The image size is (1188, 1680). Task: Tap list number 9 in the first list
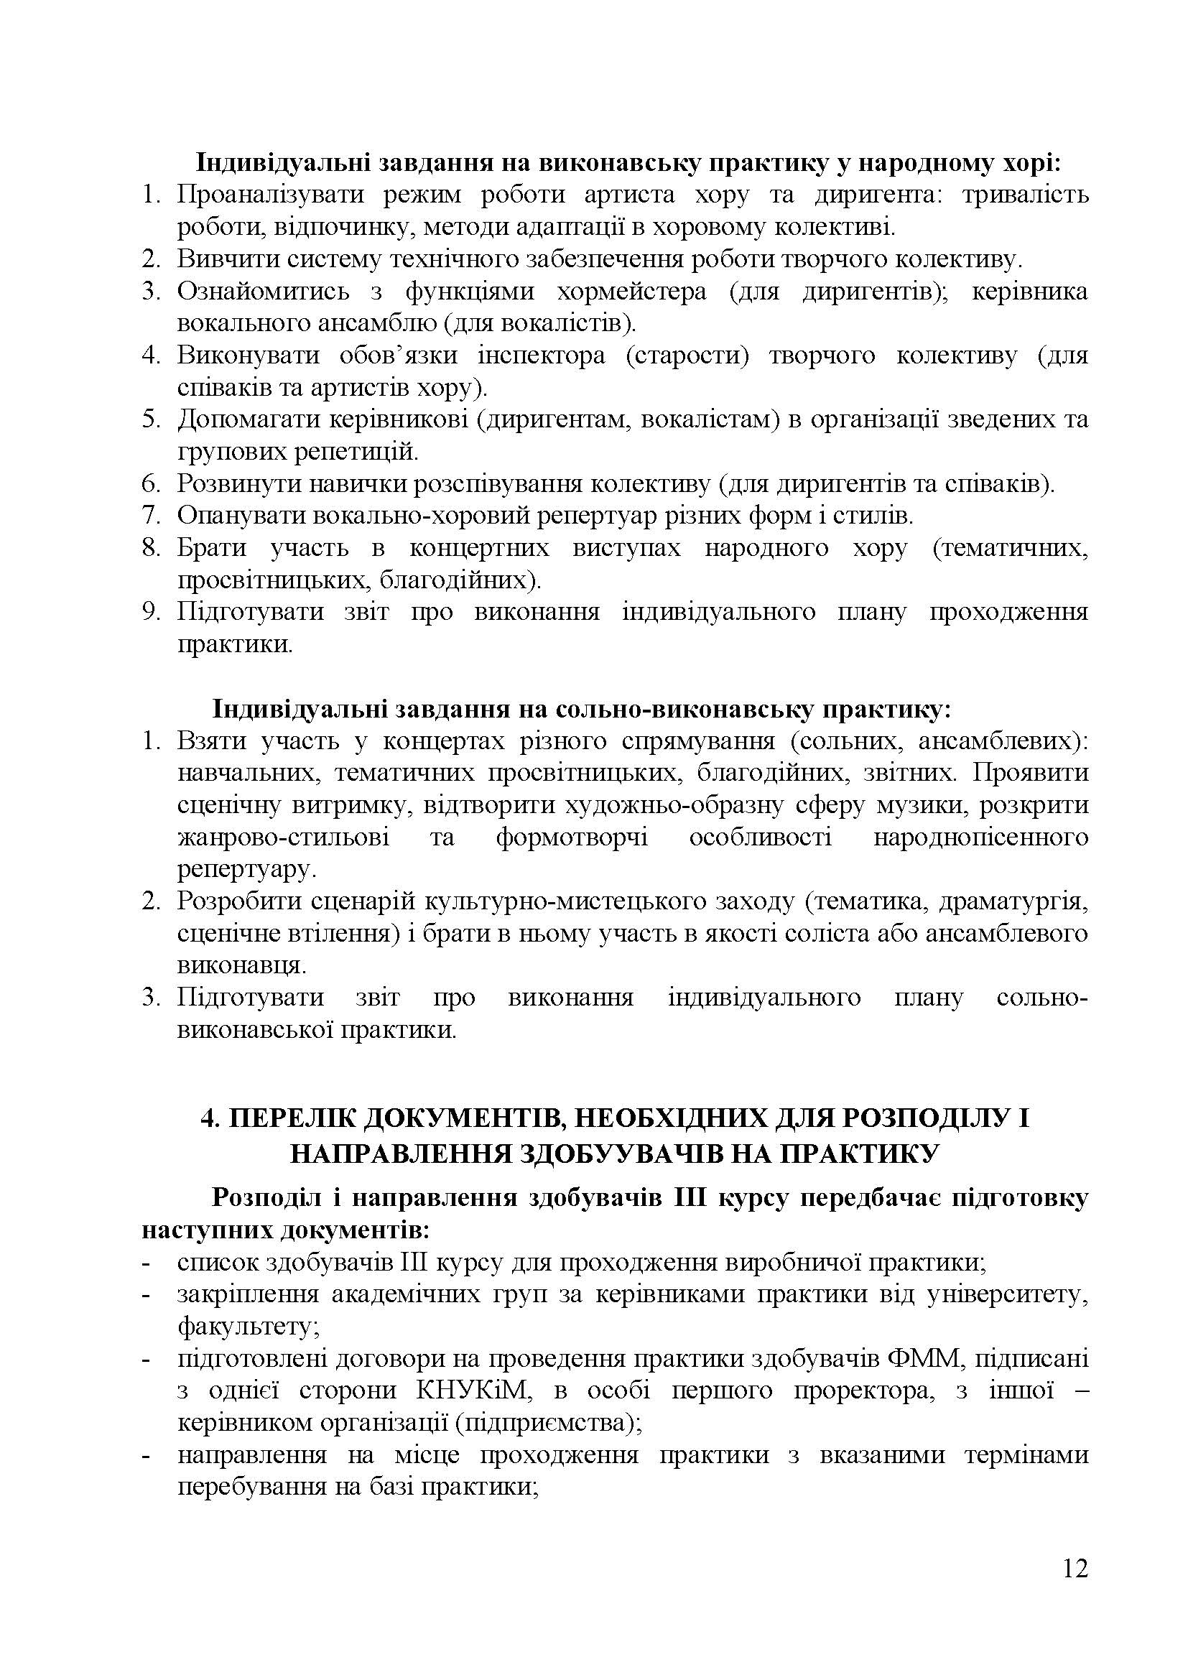(x=151, y=612)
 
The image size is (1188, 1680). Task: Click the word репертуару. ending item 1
(x=247, y=869)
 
